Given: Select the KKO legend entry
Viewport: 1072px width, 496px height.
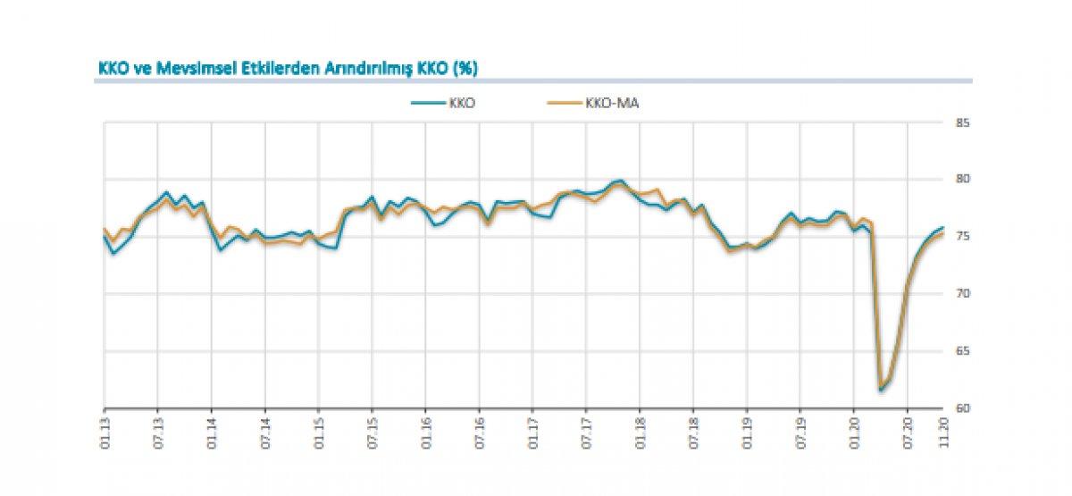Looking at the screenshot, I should [450, 103].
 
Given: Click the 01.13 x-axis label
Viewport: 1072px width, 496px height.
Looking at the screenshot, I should [105, 431].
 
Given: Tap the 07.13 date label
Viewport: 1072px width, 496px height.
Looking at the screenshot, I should [158, 431].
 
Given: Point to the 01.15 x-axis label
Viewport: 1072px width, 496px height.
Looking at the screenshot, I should [319, 431].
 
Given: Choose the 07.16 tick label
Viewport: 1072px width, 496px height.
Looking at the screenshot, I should [480, 431].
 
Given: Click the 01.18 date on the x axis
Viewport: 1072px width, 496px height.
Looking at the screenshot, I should [640, 431].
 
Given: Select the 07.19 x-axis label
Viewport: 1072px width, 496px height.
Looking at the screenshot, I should [800, 431].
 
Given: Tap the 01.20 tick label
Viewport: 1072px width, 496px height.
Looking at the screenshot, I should [854, 431].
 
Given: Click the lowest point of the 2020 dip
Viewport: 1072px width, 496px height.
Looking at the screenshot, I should [881, 390].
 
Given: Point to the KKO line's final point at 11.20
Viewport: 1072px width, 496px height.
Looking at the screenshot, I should [943, 228].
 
